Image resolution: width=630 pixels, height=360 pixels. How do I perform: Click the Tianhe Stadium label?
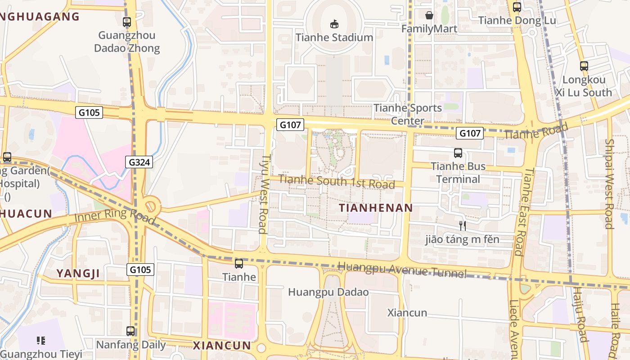coord(334,37)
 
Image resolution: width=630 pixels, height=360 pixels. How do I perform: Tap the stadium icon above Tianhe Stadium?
coord(334,23)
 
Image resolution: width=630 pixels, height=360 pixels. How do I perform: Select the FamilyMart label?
coord(429,29)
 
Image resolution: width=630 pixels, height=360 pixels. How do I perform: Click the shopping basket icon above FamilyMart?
coord(429,15)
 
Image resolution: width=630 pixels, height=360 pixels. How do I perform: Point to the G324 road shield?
coord(139,162)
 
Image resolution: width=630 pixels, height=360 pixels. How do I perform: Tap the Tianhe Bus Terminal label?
coord(458,172)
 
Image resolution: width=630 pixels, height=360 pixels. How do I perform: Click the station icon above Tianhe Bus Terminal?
coord(458,153)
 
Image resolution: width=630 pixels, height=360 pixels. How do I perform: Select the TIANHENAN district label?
coord(376,208)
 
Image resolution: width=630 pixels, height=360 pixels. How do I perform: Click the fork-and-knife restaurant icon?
coord(462,225)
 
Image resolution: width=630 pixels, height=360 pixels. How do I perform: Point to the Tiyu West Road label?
coord(265,194)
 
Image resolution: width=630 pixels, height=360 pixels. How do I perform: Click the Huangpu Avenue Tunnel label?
coord(402,270)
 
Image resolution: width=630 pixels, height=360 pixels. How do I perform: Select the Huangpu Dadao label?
coord(328,292)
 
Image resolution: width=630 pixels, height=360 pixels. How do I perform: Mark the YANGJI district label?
coord(78,274)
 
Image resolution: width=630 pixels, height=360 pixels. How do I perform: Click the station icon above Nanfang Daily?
coord(130,331)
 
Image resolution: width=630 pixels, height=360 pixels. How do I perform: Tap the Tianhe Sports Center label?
coord(408,114)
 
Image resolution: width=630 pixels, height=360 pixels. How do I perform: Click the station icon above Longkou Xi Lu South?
coord(584,66)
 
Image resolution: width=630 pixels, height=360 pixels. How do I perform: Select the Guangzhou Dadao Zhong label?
coord(127,41)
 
